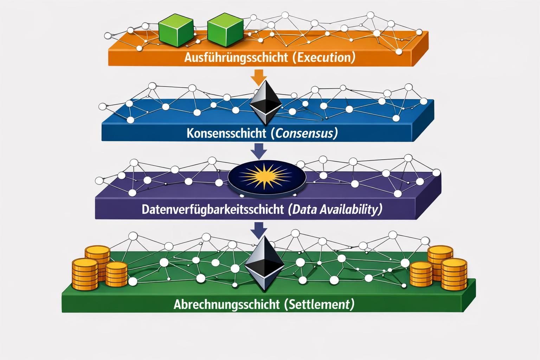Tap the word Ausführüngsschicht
click(236, 57)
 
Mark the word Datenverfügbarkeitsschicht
click(213, 210)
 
